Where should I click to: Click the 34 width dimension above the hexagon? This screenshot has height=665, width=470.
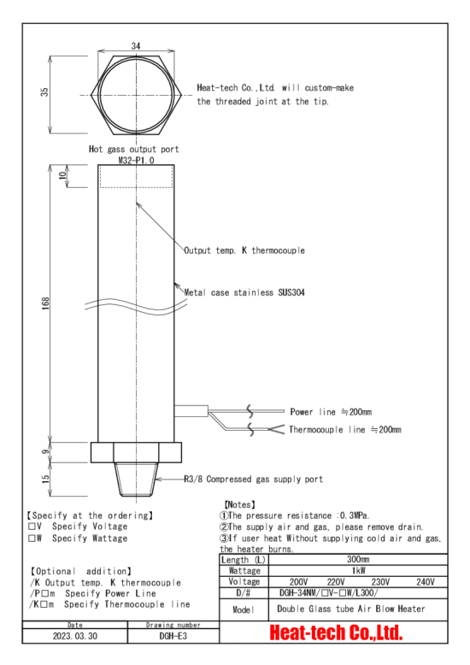tap(136, 45)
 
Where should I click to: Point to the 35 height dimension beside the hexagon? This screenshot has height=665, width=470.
tap(44, 91)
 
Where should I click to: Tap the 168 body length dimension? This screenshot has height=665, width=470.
tap(45, 303)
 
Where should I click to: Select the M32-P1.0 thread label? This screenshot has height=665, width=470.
tap(136, 161)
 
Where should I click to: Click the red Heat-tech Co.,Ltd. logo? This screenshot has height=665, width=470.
tap(336, 633)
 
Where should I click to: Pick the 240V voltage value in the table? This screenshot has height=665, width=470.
tap(426, 582)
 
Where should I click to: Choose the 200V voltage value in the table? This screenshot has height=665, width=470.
tap(298, 582)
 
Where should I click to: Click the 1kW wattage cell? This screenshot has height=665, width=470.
tap(358, 570)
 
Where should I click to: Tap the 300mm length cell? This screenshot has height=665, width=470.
tap(358, 559)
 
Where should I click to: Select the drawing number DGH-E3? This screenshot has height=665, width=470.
tap(173, 636)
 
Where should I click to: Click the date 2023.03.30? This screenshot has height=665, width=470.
tap(75, 636)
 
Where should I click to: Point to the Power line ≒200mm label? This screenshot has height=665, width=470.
tap(331, 412)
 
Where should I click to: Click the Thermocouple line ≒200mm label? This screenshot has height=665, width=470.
tap(345, 430)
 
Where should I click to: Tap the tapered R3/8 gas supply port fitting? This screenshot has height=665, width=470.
tap(136, 480)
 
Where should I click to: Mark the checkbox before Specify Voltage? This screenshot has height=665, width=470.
tap(32, 527)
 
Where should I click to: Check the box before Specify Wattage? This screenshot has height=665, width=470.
tap(32, 538)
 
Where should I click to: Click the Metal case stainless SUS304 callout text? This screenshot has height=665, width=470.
tap(244, 292)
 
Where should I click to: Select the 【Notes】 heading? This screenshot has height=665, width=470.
tap(239, 504)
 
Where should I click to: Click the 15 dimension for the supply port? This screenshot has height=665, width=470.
tap(45, 479)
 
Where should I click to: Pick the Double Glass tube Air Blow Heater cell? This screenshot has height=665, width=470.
tap(351, 609)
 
